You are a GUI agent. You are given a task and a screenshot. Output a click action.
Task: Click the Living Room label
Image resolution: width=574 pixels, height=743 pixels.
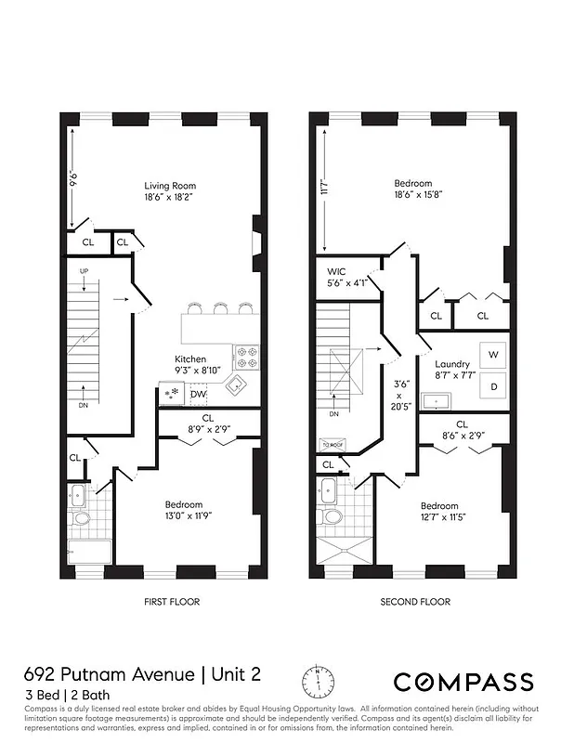point(170,185)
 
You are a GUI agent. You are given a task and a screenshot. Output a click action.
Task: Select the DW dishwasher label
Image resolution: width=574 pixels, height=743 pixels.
point(198,395)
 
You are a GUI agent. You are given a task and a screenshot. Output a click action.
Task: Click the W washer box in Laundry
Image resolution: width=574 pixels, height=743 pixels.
point(493,355)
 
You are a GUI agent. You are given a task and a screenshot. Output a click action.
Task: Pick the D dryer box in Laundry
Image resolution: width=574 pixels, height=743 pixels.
point(493,385)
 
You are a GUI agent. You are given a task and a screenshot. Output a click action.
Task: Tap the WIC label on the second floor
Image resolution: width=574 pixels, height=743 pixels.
point(335,271)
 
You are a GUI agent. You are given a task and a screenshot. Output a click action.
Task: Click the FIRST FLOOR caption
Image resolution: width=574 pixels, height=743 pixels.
point(172,602)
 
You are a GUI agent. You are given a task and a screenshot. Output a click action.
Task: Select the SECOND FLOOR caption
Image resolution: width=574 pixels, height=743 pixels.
point(415,602)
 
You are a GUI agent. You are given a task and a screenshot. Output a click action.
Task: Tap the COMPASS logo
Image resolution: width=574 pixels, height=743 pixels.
point(463,683)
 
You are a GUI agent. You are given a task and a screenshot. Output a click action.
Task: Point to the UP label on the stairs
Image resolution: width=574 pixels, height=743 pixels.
point(84,271)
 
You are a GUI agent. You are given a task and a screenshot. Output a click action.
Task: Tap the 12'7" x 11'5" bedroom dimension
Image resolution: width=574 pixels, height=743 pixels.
point(439,516)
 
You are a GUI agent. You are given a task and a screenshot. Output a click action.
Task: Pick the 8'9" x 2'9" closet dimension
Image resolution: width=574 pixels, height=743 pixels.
point(208,431)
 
